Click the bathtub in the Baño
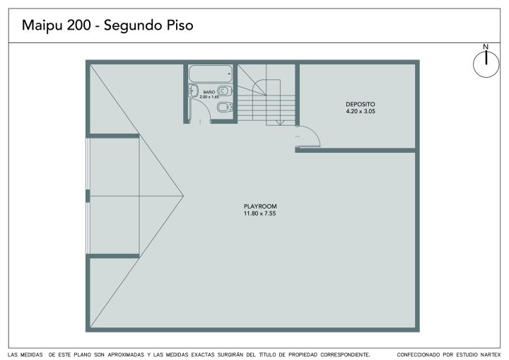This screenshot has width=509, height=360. click(x=211, y=74)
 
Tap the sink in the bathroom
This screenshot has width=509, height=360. click(x=193, y=91)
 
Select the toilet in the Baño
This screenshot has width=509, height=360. click(x=225, y=91)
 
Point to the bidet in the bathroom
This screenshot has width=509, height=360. click(x=225, y=107)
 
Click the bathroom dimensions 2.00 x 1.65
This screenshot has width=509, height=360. click(x=209, y=97)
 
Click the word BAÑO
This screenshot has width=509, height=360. click(x=209, y=92)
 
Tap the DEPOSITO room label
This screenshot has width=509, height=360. click(x=361, y=104)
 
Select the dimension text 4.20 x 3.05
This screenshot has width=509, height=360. click(x=361, y=111)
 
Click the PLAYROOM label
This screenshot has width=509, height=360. click(x=260, y=207)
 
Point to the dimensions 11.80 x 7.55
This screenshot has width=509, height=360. click(x=259, y=214)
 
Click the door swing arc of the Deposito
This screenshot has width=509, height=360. click(x=314, y=132)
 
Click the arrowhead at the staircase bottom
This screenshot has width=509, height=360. click(x=280, y=123)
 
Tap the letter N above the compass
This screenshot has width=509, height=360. click(x=486, y=47)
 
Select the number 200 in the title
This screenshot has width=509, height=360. click(x=79, y=25)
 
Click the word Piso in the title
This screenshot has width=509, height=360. click(x=180, y=25)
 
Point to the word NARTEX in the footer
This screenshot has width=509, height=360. click(x=490, y=355)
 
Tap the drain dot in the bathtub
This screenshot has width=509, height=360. click(x=229, y=74)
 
